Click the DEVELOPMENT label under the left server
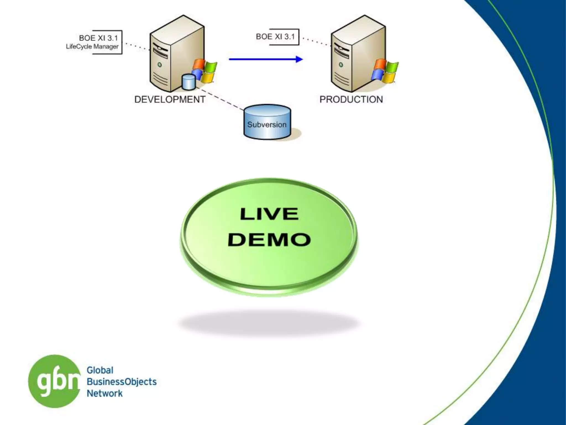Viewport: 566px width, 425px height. (x=170, y=99)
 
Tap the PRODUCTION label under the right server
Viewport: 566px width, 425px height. (x=351, y=99)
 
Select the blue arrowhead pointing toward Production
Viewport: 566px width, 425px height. (x=299, y=59)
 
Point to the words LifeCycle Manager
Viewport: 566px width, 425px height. (x=92, y=46)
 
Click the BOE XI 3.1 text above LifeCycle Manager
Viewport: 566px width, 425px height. (x=98, y=38)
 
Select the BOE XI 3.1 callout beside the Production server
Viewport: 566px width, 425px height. (x=276, y=37)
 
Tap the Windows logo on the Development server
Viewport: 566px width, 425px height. (x=205, y=71)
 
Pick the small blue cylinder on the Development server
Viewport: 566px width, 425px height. (x=189, y=82)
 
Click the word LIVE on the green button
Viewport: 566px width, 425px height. (x=269, y=214)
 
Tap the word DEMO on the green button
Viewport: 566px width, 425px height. (x=269, y=239)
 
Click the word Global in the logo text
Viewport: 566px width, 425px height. (x=100, y=370)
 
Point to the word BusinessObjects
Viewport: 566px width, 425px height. (x=122, y=382)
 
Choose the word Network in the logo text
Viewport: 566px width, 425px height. (x=104, y=393)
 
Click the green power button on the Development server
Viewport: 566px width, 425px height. (x=159, y=65)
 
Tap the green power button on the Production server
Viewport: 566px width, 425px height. (x=341, y=65)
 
